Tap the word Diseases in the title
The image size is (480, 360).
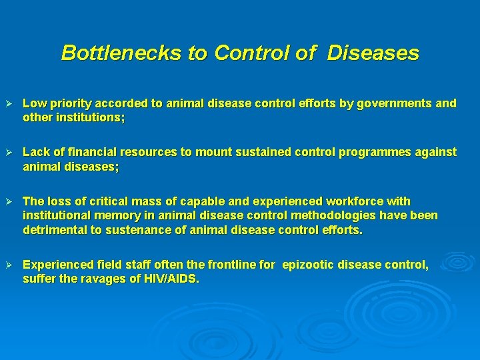tap(373, 53)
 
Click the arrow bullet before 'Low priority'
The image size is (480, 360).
tap(9, 104)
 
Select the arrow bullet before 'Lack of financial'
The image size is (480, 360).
tap(9, 153)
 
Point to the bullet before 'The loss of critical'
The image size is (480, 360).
tap(9, 201)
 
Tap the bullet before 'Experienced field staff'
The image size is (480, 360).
tap(9, 265)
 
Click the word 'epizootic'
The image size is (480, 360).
tap(311, 265)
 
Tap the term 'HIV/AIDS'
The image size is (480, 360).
tap(171, 279)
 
